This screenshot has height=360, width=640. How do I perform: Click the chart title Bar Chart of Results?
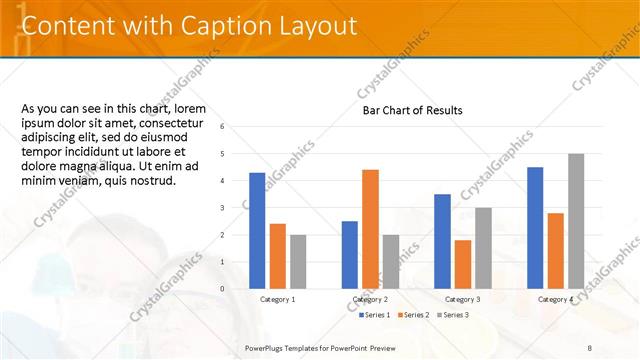pos(412,110)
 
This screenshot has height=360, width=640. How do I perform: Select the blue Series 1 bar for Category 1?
pos(257,230)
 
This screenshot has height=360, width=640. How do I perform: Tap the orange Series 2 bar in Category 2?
pos(370,229)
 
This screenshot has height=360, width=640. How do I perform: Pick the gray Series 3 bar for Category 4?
pos(575,221)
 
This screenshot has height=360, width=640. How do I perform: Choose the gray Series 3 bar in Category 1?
pos(297,261)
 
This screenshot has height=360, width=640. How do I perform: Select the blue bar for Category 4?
pos(535,227)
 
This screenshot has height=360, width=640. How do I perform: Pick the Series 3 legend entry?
pos(453,315)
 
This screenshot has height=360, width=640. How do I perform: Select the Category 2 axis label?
pos(370,299)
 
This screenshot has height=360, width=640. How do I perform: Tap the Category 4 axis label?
pos(555,299)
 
